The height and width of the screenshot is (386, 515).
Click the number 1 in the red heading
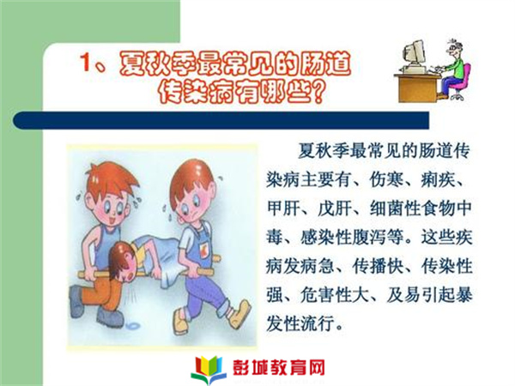[x=86, y=62]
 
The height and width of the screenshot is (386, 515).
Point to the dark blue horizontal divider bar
[x=221, y=120]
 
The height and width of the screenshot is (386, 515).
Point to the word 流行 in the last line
[x=318, y=323]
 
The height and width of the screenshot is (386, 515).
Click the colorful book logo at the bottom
[x=209, y=370]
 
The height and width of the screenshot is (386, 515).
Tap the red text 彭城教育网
[x=279, y=368]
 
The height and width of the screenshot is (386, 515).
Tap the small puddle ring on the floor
[x=133, y=326]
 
